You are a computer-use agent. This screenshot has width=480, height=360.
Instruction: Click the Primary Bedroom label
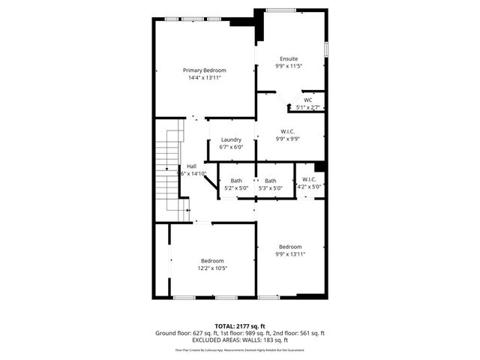[x=205, y=70]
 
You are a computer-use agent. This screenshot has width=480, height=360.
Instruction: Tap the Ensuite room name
[x=289, y=58]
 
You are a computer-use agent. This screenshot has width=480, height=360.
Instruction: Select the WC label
[x=307, y=100]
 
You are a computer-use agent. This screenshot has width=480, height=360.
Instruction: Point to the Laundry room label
[x=231, y=139]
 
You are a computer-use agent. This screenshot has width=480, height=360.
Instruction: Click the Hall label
[x=191, y=166]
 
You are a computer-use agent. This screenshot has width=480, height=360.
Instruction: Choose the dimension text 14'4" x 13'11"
[x=205, y=77]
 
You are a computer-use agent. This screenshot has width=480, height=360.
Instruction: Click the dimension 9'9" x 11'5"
[x=289, y=66]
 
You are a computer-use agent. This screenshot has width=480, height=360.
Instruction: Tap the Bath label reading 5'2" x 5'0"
[x=236, y=180]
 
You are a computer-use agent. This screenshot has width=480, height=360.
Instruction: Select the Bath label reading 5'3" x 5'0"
[x=270, y=180]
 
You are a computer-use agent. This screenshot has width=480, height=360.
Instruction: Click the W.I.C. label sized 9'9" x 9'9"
[x=289, y=131]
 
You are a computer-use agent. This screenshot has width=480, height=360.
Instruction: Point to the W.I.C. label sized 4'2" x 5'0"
[x=309, y=179]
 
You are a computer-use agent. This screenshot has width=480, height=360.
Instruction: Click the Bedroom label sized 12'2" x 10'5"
[x=212, y=260]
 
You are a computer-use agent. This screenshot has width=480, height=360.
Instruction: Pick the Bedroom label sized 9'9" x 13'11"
[x=290, y=247]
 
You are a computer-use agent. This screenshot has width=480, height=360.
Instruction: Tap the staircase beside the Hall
[x=169, y=172]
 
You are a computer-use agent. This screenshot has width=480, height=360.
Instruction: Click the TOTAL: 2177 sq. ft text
[x=240, y=325]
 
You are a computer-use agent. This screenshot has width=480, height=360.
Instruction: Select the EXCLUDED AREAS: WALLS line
[x=240, y=340]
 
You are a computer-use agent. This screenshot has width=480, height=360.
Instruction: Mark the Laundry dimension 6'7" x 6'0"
[x=231, y=147]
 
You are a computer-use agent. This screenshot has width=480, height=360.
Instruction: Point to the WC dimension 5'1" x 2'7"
[x=308, y=108]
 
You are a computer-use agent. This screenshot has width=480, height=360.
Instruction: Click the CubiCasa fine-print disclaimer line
[x=240, y=349]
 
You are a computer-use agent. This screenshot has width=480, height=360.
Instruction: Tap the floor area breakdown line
[x=240, y=333]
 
